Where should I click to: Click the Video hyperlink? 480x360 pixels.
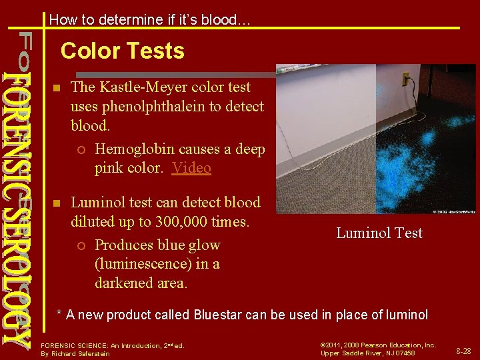pos(191,168)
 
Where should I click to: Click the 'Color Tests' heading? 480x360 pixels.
pos(122,51)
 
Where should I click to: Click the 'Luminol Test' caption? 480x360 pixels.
pos(379,233)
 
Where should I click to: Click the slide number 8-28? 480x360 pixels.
pos(463,351)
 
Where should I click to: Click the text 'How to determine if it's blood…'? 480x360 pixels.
pos(150,20)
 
